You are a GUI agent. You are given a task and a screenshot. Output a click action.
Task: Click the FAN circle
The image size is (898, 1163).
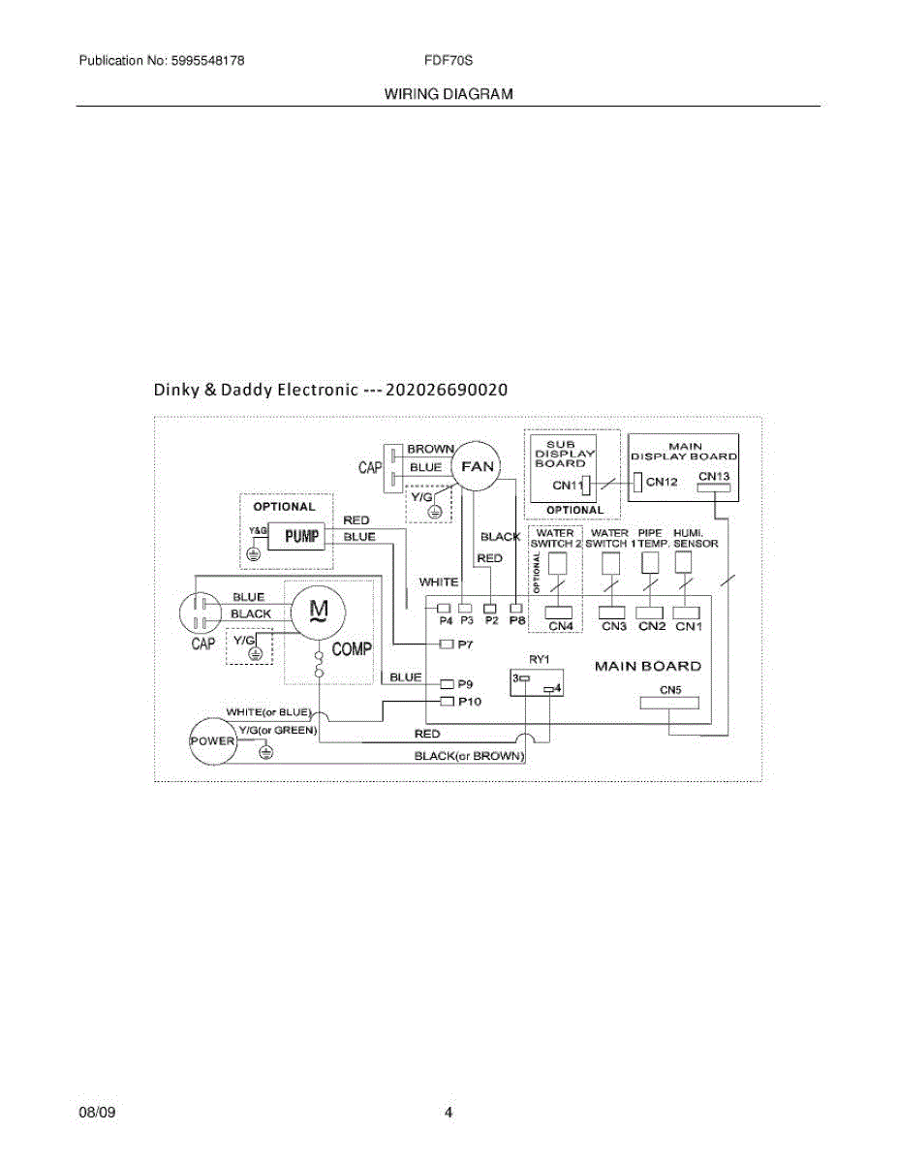click(x=477, y=466)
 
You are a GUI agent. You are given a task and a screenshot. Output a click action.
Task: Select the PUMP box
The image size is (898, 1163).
click(x=302, y=536)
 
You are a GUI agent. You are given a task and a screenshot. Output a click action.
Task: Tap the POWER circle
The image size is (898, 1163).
click(x=212, y=740)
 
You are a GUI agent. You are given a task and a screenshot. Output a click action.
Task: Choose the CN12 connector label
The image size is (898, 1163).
click(x=662, y=482)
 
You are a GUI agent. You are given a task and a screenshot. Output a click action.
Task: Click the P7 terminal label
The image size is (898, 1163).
click(x=465, y=644)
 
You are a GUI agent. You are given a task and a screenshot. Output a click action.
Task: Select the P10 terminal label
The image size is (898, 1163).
click(x=469, y=701)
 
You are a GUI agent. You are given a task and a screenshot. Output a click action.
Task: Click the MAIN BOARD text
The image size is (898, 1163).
click(x=647, y=667)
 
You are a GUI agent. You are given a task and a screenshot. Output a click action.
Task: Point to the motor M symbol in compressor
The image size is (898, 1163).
click(x=318, y=610)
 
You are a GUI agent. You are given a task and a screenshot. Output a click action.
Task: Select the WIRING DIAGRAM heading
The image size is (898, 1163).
click(x=449, y=94)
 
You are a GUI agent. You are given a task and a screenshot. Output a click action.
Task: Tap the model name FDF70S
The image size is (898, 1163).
click(x=448, y=60)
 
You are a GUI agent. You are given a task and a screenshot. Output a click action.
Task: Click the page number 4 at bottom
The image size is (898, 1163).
click(x=449, y=1113)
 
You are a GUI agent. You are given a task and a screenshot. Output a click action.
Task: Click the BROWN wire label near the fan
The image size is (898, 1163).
click(x=430, y=450)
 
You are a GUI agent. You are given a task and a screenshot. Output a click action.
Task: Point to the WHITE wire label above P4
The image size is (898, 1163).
click(x=439, y=582)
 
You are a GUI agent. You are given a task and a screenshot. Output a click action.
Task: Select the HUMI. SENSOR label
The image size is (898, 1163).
click(x=696, y=539)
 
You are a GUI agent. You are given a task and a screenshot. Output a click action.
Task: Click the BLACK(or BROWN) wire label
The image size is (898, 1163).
click(x=470, y=755)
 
